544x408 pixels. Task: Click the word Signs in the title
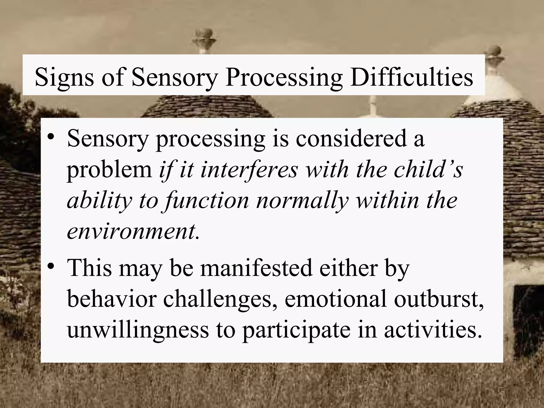[x=64, y=77]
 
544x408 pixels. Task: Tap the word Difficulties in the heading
[x=411, y=77]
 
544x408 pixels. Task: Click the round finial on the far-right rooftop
[x=495, y=50]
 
